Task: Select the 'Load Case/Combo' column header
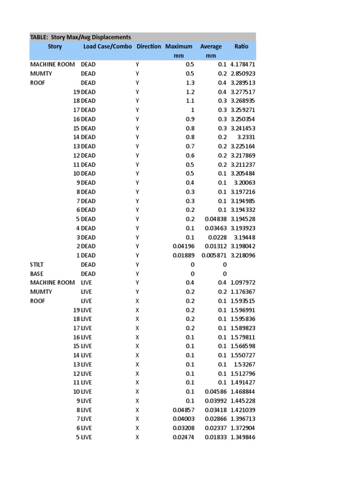click(107, 46)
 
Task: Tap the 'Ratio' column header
click(241, 46)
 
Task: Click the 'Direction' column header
click(149, 46)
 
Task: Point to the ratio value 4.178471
click(243, 64)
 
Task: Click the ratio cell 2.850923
click(243, 74)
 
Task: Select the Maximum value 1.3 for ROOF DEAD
click(189, 82)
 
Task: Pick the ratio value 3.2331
click(245, 137)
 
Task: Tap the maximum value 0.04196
click(183, 246)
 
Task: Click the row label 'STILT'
click(37, 264)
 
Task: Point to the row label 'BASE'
click(37, 273)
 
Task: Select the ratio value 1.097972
click(243, 283)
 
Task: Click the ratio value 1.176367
click(243, 292)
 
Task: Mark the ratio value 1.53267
click(244, 364)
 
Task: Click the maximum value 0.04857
click(183, 410)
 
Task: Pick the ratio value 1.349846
click(243, 437)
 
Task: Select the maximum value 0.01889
click(183, 255)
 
